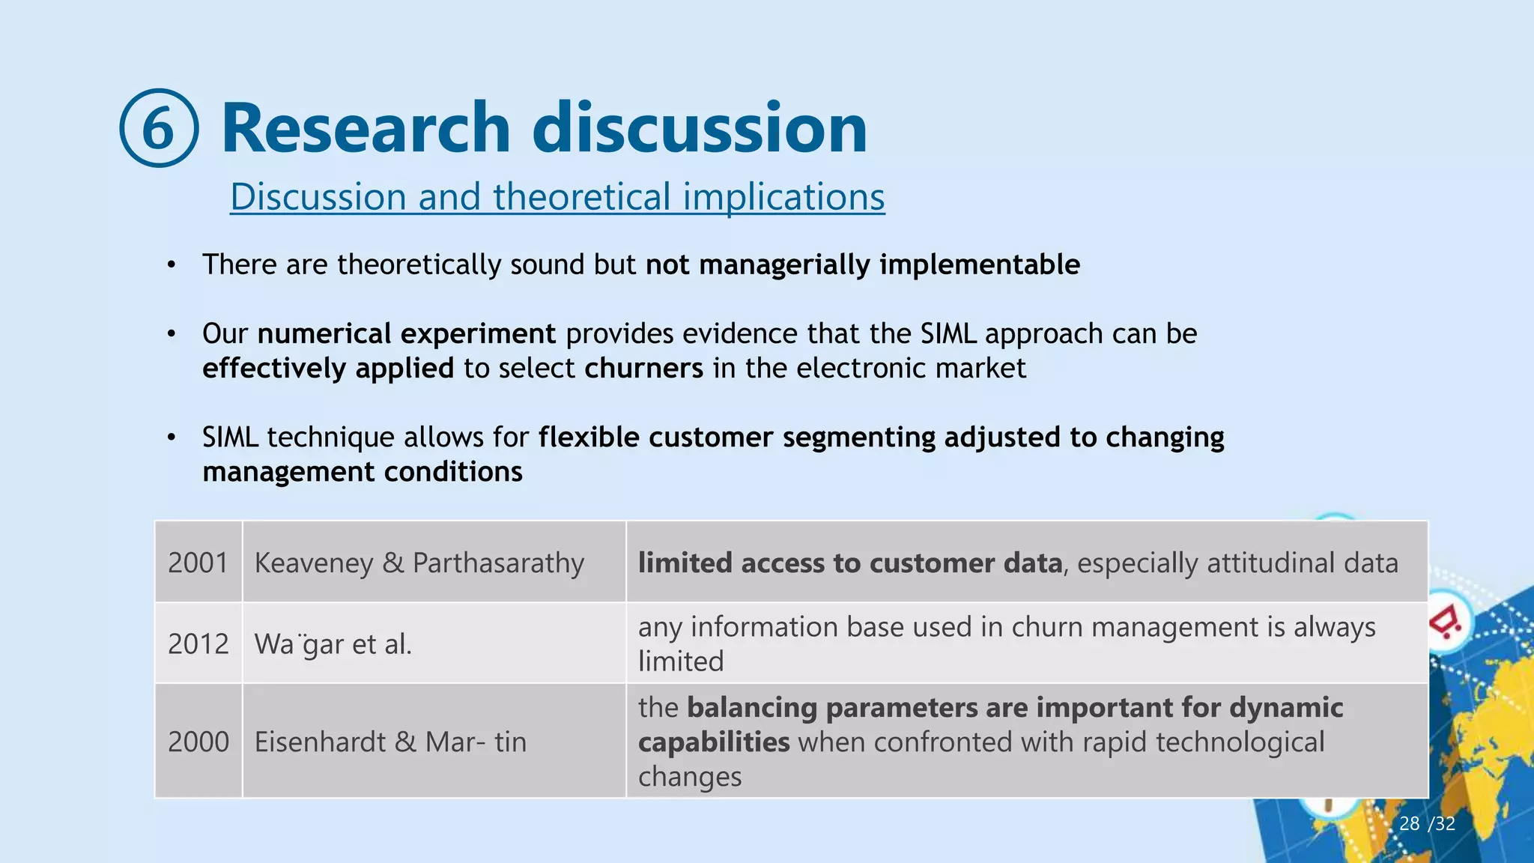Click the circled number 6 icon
pos(159,128)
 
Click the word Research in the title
pos(366,128)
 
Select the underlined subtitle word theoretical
pos(581,197)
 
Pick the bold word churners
pos(643,369)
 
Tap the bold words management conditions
pos(363,472)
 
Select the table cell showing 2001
pos(198,563)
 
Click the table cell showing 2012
pos(198,644)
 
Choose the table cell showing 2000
pos(198,742)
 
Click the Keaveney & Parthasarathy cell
pos(419,563)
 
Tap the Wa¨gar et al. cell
pos(333,644)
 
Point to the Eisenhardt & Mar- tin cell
pos(390,742)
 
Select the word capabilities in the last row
pos(714,742)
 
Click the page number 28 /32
pos(1427,824)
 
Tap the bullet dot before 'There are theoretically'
pos(172,265)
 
